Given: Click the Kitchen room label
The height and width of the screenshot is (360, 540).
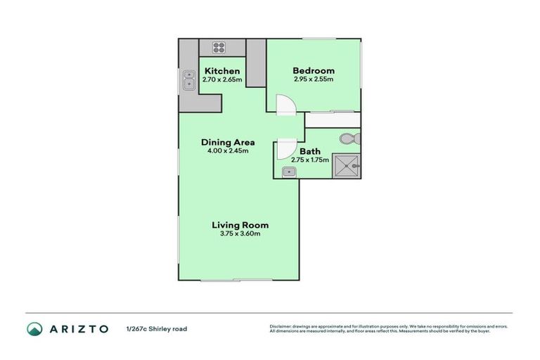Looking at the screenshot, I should pyautogui.click(x=222, y=71).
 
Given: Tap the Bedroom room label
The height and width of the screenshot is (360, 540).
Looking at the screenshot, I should pyautogui.click(x=314, y=70).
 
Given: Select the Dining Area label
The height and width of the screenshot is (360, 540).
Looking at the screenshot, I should pyautogui.click(x=228, y=141).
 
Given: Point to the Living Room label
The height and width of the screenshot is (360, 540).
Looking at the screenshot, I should pyautogui.click(x=240, y=225).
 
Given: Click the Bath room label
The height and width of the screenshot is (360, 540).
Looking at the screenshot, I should pyautogui.click(x=310, y=151).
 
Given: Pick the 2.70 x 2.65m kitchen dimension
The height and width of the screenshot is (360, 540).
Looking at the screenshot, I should pyautogui.click(x=222, y=79).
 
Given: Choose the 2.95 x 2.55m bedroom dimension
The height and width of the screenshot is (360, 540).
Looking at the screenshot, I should pyautogui.click(x=314, y=79).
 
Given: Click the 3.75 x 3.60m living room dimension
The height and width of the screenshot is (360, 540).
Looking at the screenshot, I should pyautogui.click(x=240, y=233).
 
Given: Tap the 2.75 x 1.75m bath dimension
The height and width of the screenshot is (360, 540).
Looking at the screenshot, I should pyautogui.click(x=310, y=160).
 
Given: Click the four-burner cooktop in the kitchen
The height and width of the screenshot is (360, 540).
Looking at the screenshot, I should pyautogui.click(x=219, y=48).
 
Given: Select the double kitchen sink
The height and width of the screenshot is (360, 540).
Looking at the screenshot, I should pyautogui.click(x=188, y=80).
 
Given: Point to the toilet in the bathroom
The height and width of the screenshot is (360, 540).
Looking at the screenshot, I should pyautogui.click(x=349, y=138).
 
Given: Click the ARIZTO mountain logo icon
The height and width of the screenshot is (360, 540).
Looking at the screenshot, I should pyautogui.click(x=34, y=328).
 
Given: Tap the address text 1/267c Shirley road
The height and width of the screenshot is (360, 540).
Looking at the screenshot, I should pyautogui.click(x=157, y=328).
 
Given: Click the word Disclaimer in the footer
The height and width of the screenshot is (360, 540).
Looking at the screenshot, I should pyautogui.click(x=282, y=326).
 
